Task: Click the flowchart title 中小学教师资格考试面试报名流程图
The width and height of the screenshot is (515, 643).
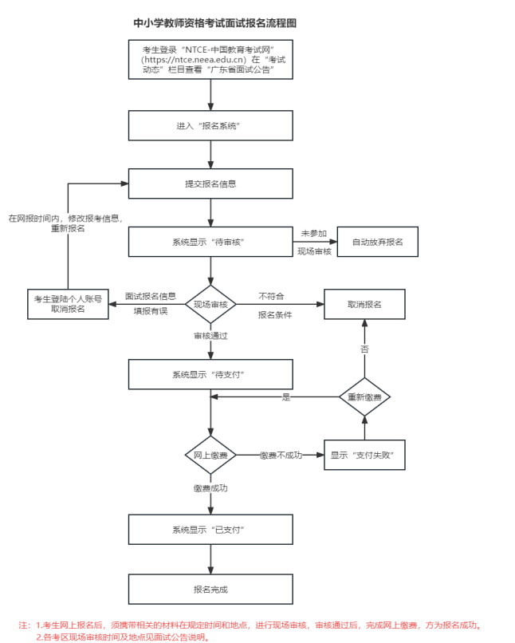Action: point(209,24)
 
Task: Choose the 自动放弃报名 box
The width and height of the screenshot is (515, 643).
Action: point(377,242)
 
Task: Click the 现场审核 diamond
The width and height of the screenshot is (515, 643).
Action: point(210,305)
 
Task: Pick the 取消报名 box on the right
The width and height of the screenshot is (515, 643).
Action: point(364,305)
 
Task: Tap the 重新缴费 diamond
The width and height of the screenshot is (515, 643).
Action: point(364,396)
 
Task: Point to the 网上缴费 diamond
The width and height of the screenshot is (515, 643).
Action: point(210,455)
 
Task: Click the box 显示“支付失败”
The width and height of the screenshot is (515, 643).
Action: point(364,455)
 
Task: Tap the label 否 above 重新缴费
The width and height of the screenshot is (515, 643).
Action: point(364,349)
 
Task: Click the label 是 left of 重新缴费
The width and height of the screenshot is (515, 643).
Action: point(286,396)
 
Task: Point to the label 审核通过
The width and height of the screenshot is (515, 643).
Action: point(210,336)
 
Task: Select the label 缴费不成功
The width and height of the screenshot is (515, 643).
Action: point(281,455)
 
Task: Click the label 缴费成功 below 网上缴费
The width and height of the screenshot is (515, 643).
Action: point(210,487)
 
